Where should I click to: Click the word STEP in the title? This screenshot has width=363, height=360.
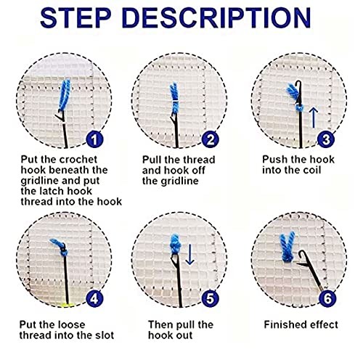click(76, 17)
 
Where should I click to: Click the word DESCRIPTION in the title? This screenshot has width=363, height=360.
click(216, 17)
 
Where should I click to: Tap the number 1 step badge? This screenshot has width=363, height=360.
click(94, 139)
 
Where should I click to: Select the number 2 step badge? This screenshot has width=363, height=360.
click(211, 139)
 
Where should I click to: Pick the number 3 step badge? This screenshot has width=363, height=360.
click(326, 139)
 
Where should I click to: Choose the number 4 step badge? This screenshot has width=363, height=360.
click(94, 298)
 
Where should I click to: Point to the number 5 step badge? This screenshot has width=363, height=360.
click(211, 298)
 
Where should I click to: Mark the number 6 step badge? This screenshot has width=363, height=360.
click(327, 298)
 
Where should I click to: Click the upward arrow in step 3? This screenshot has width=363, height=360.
click(314, 118)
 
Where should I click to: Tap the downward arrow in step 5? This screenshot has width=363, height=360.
click(189, 254)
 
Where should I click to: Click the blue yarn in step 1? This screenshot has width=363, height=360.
click(65, 95)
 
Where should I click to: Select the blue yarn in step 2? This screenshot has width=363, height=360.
click(174, 98)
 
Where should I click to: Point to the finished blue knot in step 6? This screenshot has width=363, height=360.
click(287, 247)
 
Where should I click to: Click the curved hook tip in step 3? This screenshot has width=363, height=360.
click(299, 84)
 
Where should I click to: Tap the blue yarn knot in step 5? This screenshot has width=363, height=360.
click(176, 243)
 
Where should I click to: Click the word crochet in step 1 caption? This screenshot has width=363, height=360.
click(78, 160)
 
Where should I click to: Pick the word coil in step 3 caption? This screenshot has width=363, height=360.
click(312, 170)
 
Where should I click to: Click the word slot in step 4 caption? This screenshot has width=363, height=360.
click(104, 335)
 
